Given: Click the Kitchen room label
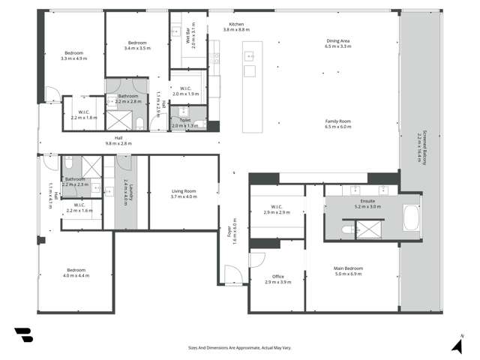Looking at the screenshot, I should coord(236,26).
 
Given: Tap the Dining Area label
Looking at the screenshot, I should coord(337,43).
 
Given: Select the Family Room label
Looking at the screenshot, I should coord(337,124).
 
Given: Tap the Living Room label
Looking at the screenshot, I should coord(184,193).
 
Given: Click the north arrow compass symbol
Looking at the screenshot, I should coord(456,343).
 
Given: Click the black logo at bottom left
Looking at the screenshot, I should coord(22,335).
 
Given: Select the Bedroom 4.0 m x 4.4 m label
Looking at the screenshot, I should coord(76,273).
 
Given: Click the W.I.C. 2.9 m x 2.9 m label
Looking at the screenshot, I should coord(277,211).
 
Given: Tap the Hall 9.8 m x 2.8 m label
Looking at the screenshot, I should coord(118,140).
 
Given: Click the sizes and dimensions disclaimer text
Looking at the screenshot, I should coord(240,348).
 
